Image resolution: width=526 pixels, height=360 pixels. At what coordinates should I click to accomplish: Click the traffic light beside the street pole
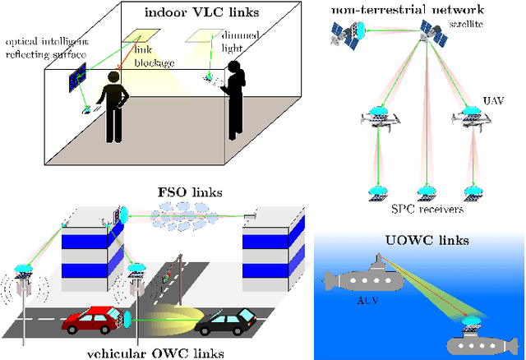(x=168, y=277)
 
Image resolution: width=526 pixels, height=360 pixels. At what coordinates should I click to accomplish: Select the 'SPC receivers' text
(x=418, y=209)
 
